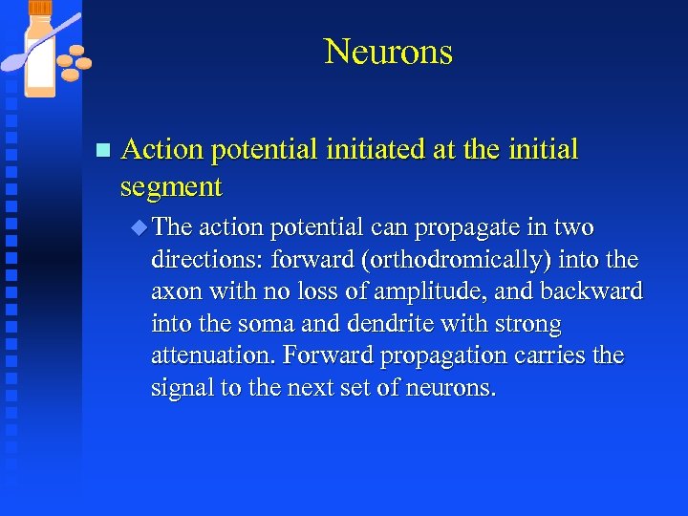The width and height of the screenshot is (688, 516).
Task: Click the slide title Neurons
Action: [388, 52]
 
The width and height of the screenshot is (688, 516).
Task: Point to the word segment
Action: [172, 186]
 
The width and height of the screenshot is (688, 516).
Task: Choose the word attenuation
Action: [207, 356]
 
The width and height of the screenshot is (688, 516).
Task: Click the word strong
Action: [527, 324]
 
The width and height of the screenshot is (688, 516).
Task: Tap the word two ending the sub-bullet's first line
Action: [572, 228]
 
